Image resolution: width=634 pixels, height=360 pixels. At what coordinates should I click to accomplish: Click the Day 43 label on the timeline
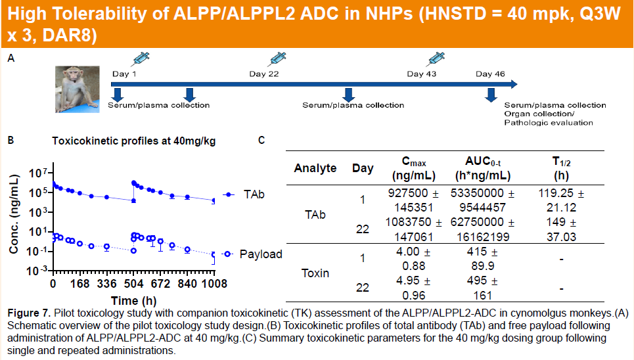pos(422,74)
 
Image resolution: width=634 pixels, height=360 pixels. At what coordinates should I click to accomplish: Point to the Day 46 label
pos(490,74)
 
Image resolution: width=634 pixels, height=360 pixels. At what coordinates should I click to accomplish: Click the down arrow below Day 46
pos(490,95)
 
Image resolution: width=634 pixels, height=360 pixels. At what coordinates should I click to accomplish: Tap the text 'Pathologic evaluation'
pos(549,122)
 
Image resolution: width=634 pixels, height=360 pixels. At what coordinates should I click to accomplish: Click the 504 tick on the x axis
pos(133,284)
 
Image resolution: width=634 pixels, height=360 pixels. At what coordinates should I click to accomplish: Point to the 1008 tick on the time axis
pos(214,284)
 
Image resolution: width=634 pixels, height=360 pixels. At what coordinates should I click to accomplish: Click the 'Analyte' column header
pos(315,168)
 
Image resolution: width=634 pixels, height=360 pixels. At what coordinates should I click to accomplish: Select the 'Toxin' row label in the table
pos(315,273)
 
